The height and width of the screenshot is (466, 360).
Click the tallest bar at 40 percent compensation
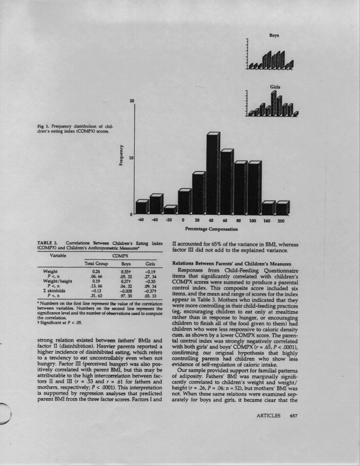212,173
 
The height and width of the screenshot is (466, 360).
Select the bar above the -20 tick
169,210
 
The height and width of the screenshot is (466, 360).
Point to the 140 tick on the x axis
268,221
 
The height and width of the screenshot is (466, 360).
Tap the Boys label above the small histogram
274,36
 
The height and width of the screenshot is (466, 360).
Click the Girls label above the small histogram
275,87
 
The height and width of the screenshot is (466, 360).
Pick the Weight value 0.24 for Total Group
96,270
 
